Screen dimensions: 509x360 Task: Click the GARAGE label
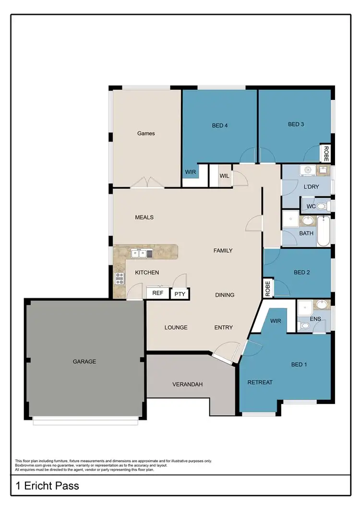pyautogui.click(x=84, y=362)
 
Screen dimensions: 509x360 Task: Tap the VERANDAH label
pyautogui.click(x=188, y=384)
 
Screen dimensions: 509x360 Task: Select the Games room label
pyautogui.click(x=146, y=133)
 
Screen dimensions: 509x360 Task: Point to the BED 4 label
pyautogui.click(x=220, y=126)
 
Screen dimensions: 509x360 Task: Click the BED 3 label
pyautogui.click(x=296, y=124)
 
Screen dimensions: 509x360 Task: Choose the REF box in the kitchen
pyautogui.click(x=157, y=293)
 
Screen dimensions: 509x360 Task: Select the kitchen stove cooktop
pyautogui.click(x=119, y=278)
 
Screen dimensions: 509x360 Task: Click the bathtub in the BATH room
pyautogui.click(x=324, y=231)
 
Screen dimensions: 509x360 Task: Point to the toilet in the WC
pyautogui.click(x=322, y=207)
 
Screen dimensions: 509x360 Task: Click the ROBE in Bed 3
pyautogui.click(x=326, y=154)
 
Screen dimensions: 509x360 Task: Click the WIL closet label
pyautogui.click(x=224, y=176)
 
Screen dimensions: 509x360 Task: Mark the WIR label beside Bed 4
pyautogui.click(x=190, y=171)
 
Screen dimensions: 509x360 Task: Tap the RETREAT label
pyautogui.click(x=260, y=382)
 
